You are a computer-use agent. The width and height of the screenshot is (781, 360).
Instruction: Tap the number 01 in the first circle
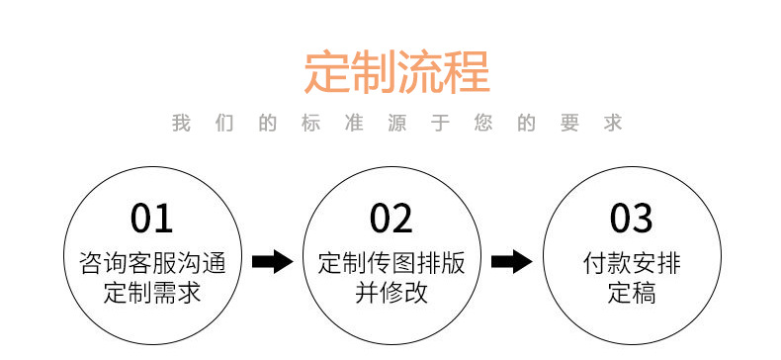click(151, 218)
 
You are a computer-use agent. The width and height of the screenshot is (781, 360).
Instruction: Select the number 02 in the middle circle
click(390, 218)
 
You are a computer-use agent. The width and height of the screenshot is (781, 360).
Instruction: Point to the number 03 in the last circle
click(631, 218)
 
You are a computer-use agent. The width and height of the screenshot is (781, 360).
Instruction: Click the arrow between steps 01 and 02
click(272, 262)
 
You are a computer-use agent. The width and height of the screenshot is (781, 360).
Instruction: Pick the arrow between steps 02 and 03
click(511, 262)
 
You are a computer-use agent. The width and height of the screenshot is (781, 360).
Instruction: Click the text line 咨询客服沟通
click(151, 264)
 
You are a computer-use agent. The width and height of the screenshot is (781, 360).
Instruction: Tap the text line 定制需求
click(151, 293)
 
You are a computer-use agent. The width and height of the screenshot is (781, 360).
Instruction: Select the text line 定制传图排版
click(390, 264)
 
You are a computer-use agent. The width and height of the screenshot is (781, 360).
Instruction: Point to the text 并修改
click(390, 293)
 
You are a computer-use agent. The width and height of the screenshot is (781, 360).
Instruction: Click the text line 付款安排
click(631, 264)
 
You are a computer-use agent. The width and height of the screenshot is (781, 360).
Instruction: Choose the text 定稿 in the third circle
click(631, 293)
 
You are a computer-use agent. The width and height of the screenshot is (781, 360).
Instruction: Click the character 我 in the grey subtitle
click(180, 124)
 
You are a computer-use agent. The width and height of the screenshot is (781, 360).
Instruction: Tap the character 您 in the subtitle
click(482, 124)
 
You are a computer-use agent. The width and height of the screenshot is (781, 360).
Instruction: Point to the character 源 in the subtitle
click(395, 124)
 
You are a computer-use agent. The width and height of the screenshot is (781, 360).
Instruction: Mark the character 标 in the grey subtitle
click(309, 124)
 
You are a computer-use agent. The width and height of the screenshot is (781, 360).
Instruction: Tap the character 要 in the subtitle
click(569, 124)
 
